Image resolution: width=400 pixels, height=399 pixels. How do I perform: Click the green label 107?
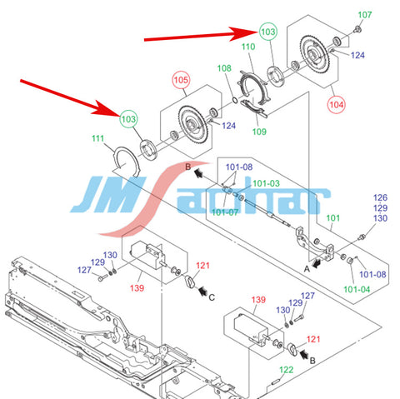(365, 15)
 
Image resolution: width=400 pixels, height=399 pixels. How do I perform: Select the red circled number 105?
(181, 80)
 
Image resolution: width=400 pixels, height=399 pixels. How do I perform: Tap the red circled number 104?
(337, 105)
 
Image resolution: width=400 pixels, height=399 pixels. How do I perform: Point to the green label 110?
(248, 47)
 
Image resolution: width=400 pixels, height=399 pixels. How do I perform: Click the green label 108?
(224, 68)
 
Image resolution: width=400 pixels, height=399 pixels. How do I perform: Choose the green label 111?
(97, 138)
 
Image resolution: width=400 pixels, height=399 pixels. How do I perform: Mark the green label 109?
(259, 132)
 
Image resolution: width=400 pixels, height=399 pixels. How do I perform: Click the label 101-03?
(266, 183)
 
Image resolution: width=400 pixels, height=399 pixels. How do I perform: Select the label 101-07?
(225, 212)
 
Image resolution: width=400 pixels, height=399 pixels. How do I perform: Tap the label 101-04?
(357, 289)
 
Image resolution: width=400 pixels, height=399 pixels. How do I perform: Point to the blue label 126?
(380, 197)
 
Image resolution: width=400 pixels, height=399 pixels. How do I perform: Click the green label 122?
(287, 370)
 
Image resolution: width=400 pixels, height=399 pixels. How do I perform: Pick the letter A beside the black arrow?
(307, 269)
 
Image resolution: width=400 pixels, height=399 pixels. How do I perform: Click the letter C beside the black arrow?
(212, 297)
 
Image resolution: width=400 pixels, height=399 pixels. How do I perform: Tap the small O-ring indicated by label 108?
(235, 100)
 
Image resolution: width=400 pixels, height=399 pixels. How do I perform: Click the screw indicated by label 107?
(357, 28)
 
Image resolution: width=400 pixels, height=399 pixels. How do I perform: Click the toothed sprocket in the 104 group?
(314, 55)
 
